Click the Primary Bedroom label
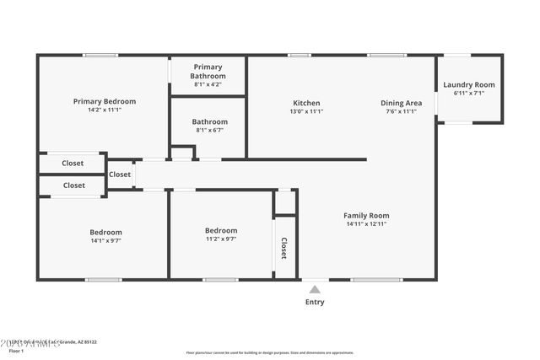(104, 101)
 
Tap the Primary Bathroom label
(208, 71)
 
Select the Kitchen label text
(306, 103)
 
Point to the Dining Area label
(401, 103)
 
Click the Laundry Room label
(469, 84)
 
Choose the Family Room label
(366, 215)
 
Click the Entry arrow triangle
(314, 289)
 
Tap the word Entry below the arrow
(314, 302)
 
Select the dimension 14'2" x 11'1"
(104, 110)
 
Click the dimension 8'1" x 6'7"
(209, 131)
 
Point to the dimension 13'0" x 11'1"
(306, 111)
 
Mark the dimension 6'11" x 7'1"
(469, 94)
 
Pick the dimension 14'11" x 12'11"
(366, 224)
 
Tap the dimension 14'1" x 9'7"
(105, 241)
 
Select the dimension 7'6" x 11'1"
(401, 111)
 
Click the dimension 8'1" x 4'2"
(208, 84)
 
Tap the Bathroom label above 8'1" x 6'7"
(209, 121)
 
